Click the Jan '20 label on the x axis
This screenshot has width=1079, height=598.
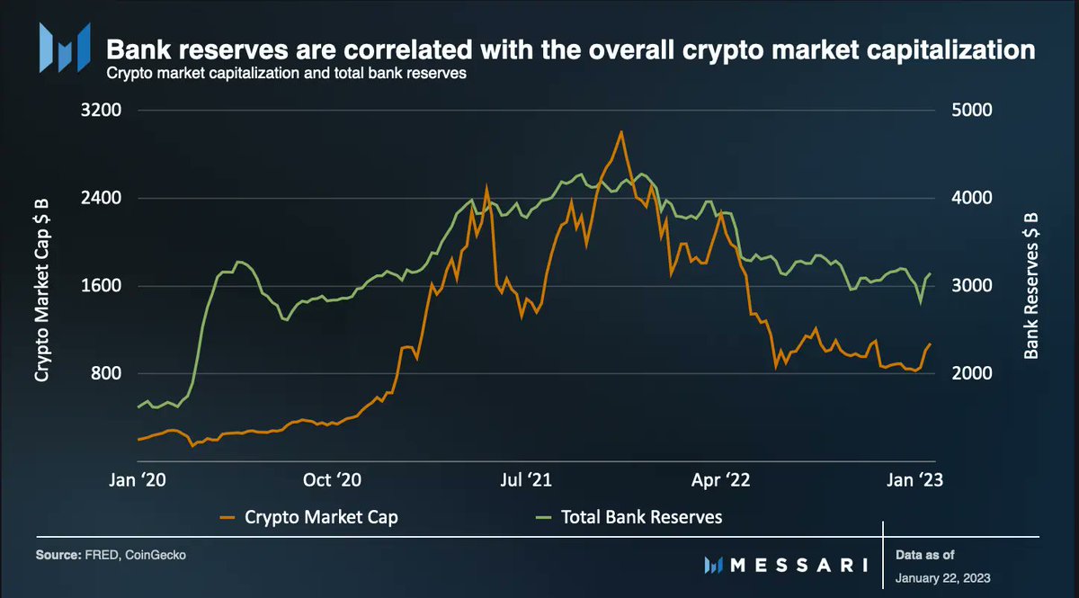coord(137,481)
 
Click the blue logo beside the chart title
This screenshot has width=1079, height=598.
coord(64,47)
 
